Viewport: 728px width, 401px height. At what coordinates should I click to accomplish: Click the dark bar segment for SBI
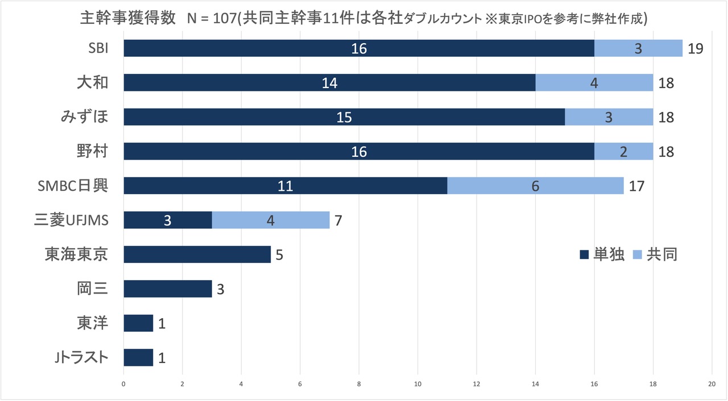(x=359, y=48)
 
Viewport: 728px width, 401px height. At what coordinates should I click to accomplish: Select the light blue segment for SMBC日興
(x=535, y=186)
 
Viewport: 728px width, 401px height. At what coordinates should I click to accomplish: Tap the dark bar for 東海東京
(x=197, y=254)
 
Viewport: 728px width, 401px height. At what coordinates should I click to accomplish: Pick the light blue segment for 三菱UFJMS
(x=271, y=220)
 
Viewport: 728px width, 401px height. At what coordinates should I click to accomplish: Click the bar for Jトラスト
(x=138, y=357)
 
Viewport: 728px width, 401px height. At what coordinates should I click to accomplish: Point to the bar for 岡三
(x=168, y=289)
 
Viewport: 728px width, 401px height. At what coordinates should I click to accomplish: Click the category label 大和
(x=92, y=83)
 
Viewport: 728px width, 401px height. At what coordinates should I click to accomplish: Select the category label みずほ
(x=84, y=117)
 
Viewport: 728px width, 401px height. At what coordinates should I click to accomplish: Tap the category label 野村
(x=92, y=152)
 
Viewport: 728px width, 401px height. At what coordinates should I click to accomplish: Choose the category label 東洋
(x=92, y=323)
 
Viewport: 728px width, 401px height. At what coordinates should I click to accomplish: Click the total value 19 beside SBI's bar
(x=696, y=48)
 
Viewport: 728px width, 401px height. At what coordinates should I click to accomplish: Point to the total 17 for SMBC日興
(x=636, y=186)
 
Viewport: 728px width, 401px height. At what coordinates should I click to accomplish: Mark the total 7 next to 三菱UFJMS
(x=338, y=220)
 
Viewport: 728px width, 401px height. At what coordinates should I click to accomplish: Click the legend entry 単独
(x=602, y=254)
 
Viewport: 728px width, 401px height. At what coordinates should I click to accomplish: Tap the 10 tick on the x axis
(x=418, y=384)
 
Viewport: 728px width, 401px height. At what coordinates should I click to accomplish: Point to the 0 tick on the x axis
(x=123, y=384)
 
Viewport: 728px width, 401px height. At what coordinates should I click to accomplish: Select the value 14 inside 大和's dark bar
(x=329, y=83)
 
